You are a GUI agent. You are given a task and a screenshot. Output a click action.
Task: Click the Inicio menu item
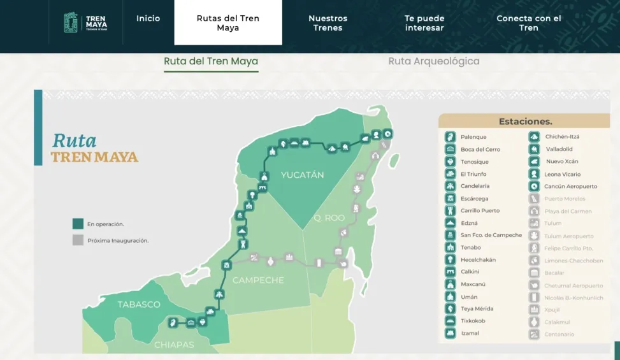148,18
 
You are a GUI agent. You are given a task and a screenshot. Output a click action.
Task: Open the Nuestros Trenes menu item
328,23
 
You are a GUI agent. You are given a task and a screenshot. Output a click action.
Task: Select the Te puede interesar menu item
424,23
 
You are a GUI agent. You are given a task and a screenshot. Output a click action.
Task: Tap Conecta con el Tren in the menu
528,23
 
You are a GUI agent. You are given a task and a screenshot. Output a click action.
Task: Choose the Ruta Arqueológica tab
434,61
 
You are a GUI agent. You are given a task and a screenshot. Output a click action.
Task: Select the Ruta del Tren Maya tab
211,61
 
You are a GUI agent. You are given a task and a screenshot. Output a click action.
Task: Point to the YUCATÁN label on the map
303,175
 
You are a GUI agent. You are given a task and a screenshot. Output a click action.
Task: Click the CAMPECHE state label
258,280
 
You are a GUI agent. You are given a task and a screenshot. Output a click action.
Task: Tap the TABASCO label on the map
139,305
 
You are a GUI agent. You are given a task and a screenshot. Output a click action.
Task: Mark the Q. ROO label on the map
329,218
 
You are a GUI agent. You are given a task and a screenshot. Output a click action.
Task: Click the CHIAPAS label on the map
174,345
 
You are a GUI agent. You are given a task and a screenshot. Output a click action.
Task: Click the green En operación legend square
78,224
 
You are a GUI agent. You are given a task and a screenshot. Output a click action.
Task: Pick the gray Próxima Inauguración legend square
78,240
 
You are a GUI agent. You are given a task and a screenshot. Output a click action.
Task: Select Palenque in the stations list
473,137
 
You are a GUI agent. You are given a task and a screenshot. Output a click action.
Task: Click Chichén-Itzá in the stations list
562,137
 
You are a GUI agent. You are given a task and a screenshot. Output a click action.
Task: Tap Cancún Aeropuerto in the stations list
571,186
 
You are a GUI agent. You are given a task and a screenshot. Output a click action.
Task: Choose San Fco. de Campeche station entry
491,235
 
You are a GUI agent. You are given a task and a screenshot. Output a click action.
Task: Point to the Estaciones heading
525,121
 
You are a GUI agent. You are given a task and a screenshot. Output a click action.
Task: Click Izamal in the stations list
470,333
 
